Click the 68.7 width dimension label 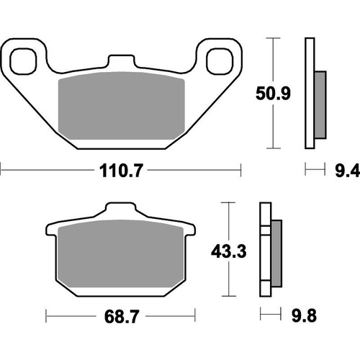coord(121,316)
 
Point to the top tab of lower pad coord(121,210)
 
